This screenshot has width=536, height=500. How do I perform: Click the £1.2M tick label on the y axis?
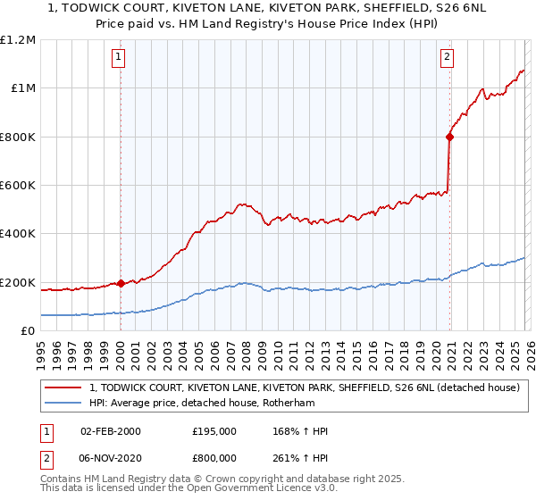(20, 39)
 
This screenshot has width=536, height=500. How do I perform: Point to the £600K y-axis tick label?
(20, 186)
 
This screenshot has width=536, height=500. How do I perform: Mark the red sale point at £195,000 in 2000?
(121, 284)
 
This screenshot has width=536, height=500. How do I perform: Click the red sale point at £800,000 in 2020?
(448, 137)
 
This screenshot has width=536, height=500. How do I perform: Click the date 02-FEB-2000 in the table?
(110, 431)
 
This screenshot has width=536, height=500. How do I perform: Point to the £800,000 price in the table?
(214, 456)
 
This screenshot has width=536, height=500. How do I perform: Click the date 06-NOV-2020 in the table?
(110, 456)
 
